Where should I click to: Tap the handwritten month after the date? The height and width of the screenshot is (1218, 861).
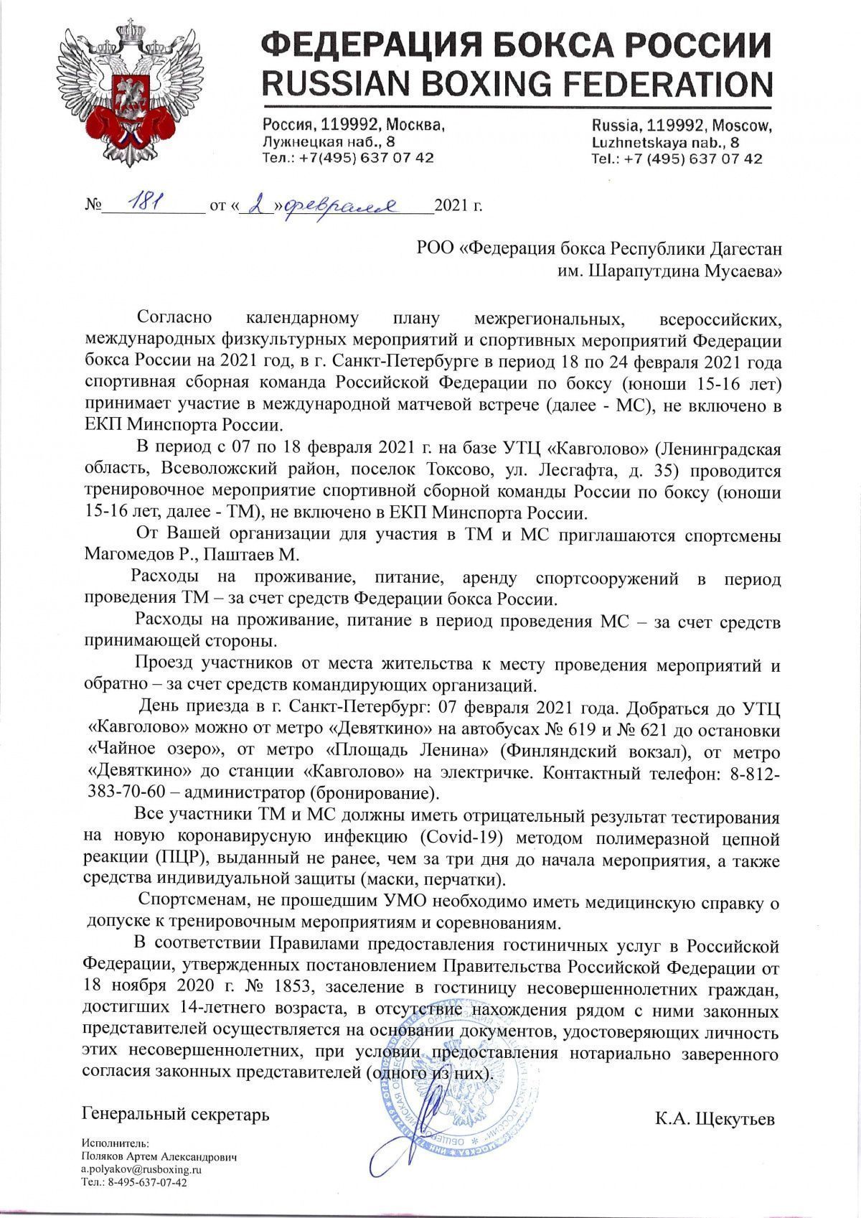(337, 206)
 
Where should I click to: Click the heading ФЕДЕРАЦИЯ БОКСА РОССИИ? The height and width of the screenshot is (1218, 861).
(517, 47)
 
